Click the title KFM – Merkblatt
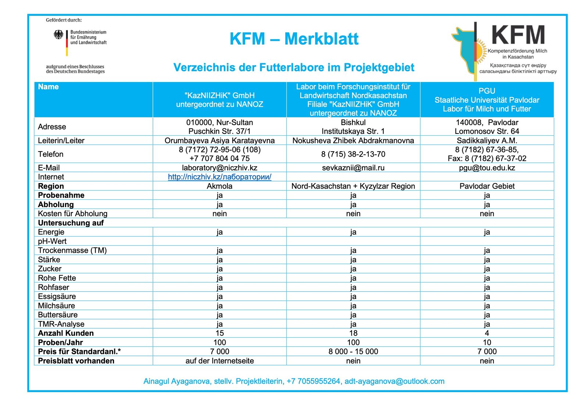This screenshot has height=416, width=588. click(x=294, y=39)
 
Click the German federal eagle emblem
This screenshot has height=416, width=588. click(x=58, y=35)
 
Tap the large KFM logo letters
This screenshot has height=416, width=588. click(x=518, y=35)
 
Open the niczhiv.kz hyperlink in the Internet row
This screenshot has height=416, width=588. click(x=219, y=177)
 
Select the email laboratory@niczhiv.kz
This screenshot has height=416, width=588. click(x=219, y=168)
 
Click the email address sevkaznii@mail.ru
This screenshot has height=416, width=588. click(x=353, y=168)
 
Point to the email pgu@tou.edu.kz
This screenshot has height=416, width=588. click(x=487, y=168)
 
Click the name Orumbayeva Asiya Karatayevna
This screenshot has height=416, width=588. click(x=219, y=141)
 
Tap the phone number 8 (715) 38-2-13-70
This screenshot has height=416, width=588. click(x=353, y=154)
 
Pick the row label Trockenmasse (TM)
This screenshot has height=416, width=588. click(x=72, y=250)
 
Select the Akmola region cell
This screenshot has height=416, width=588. click(x=219, y=186)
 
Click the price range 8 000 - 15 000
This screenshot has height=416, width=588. click(x=353, y=352)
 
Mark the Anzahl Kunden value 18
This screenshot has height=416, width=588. click(x=353, y=333)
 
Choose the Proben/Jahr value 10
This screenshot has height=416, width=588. click(x=487, y=342)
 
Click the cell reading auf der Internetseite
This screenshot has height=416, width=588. click(x=219, y=361)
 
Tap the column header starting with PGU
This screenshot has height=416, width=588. click(x=487, y=100)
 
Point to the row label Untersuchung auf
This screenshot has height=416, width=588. click(x=71, y=223)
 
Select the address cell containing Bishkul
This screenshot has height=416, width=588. click(x=353, y=127)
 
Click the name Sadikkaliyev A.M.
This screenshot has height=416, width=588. click(x=487, y=141)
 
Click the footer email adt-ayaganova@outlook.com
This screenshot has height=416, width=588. click(x=394, y=381)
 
